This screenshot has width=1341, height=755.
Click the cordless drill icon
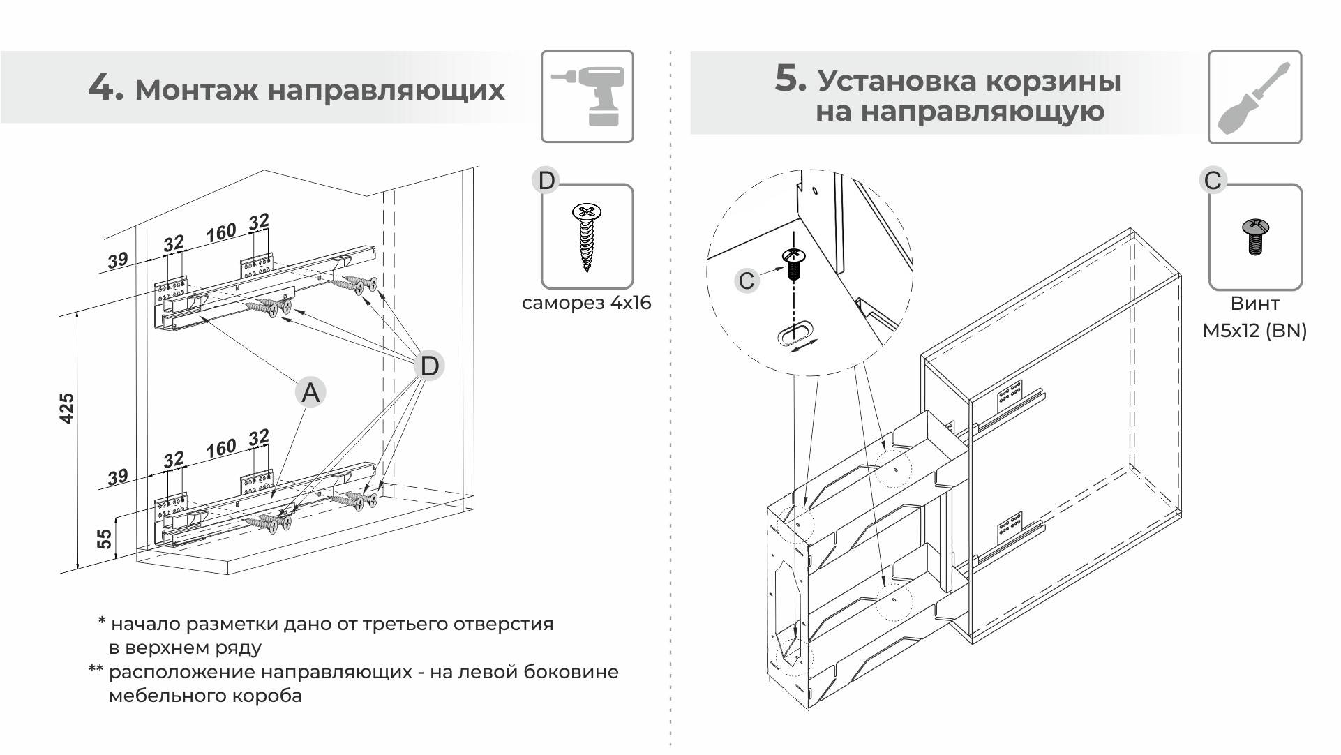pyautogui.click(x=587, y=96)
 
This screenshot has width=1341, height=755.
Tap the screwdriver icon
pyautogui.click(x=1254, y=97)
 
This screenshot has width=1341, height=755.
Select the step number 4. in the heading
pyautogui.click(x=105, y=89)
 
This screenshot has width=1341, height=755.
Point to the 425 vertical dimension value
pyautogui.click(x=67, y=408)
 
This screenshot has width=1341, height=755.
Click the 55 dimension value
pyautogui.click(x=104, y=539)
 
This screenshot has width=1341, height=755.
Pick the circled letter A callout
pyautogui.click(x=310, y=392)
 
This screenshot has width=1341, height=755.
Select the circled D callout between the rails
pyautogui.click(x=429, y=366)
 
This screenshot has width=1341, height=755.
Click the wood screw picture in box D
pyautogui.click(x=587, y=237)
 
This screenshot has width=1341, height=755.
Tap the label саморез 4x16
pyautogui.click(x=586, y=303)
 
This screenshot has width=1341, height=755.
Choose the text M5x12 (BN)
pyautogui.click(x=1254, y=330)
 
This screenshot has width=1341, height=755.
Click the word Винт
pyautogui.click(x=1254, y=304)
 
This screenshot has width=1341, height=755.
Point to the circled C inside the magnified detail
pyautogui.click(x=747, y=281)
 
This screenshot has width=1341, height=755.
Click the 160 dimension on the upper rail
pyautogui.click(x=220, y=232)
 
